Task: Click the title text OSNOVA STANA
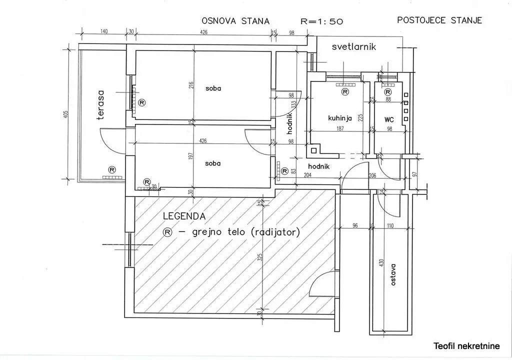(235, 21)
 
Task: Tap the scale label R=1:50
(322, 21)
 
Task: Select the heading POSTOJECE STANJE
(439, 20)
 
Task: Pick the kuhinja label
(340, 118)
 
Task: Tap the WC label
(389, 120)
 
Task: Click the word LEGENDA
(184, 216)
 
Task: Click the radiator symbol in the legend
(168, 232)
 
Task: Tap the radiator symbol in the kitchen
(344, 92)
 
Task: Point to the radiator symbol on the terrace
(111, 169)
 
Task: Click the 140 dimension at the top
(103, 31)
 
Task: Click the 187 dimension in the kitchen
(340, 128)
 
